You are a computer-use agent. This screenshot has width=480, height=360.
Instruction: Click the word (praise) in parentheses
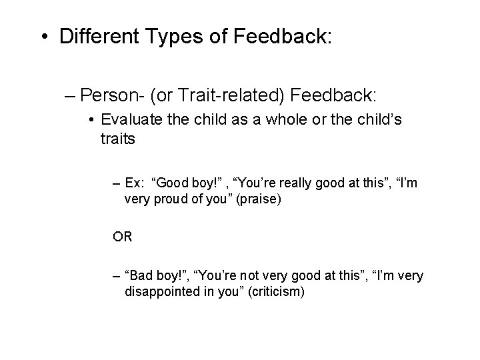point(257,199)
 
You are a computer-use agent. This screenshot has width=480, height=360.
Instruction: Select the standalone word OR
point(123,237)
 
